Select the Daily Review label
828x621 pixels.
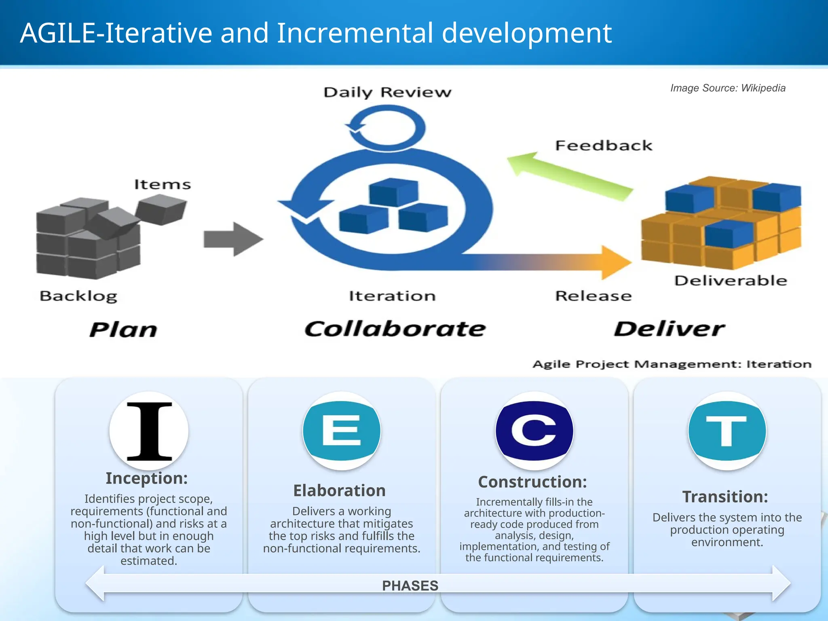[x=387, y=92]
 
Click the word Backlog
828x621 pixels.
[x=78, y=296]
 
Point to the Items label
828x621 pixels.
[x=162, y=184]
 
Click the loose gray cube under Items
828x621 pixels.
[x=161, y=209]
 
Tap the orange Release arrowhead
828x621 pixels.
[x=615, y=262]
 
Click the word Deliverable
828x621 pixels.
[x=731, y=281]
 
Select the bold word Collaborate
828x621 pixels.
[x=395, y=329]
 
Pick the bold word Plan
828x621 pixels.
[x=123, y=330]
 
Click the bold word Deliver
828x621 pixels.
[x=669, y=329]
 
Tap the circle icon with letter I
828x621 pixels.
[x=149, y=431]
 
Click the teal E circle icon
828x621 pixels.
[x=342, y=431]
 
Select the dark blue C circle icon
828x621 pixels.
[x=534, y=431]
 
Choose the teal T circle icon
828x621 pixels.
[x=727, y=431]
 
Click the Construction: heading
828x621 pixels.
[x=532, y=482]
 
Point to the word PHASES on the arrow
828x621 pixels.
[x=410, y=585]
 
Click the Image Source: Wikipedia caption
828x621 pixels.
[x=728, y=88]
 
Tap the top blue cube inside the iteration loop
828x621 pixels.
[x=393, y=192]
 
